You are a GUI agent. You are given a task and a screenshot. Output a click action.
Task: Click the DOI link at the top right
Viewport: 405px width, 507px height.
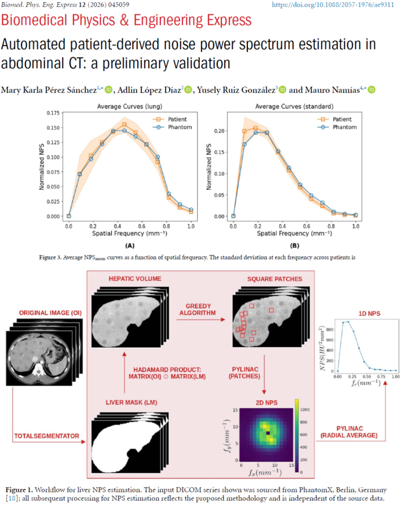click(x=333, y=5)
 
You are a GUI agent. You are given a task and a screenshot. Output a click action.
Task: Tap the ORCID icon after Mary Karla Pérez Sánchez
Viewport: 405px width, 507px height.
click(x=109, y=90)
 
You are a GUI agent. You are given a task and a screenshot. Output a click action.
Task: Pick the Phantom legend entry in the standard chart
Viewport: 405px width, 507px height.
click(x=337, y=127)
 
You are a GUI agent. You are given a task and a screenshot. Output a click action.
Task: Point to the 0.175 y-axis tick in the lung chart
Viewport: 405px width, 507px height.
click(x=53, y=113)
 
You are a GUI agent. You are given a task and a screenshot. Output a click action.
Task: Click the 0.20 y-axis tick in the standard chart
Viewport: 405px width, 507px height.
click(x=219, y=131)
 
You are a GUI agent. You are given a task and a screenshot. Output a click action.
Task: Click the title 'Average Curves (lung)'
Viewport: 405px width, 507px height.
click(x=130, y=106)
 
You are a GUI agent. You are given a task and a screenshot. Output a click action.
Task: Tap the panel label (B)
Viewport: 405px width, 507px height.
click(x=295, y=246)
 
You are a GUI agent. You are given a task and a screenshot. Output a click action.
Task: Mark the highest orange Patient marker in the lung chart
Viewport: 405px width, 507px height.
click(x=124, y=125)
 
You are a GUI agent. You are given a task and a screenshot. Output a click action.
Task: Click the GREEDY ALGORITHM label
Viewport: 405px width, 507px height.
click(x=198, y=309)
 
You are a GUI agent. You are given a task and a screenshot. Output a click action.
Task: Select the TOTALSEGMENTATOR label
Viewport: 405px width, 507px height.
click(x=46, y=436)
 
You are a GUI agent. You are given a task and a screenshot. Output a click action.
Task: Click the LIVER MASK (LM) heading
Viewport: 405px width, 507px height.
click(x=131, y=402)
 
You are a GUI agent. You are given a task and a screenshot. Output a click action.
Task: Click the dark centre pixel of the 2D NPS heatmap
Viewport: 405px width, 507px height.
click(x=268, y=433)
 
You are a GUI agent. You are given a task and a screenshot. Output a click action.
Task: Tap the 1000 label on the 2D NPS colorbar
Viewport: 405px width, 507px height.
click(x=305, y=409)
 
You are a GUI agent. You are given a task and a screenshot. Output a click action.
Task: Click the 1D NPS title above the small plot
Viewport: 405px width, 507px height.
click(x=369, y=314)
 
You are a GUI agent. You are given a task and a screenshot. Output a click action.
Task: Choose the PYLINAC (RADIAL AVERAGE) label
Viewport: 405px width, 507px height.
click(x=349, y=432)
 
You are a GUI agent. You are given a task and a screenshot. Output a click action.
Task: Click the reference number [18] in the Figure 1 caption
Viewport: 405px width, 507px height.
click(x=12, y=498)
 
